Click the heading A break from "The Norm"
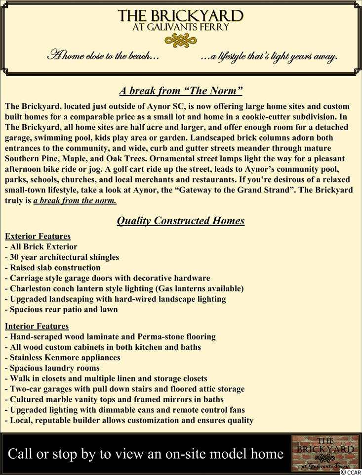click(181, 91)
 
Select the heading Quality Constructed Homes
click(181, 221)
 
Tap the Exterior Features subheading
click(38, 236)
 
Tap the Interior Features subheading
click(37, 326)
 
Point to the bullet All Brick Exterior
click(41, 246)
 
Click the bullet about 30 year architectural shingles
click(62, 257)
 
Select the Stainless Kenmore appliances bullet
click(62, 357)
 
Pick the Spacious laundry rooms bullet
click(52, 368)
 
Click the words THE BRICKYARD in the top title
click(181, 16)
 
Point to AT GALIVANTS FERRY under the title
click(181, 28)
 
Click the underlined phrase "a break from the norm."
click(75, 201)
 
